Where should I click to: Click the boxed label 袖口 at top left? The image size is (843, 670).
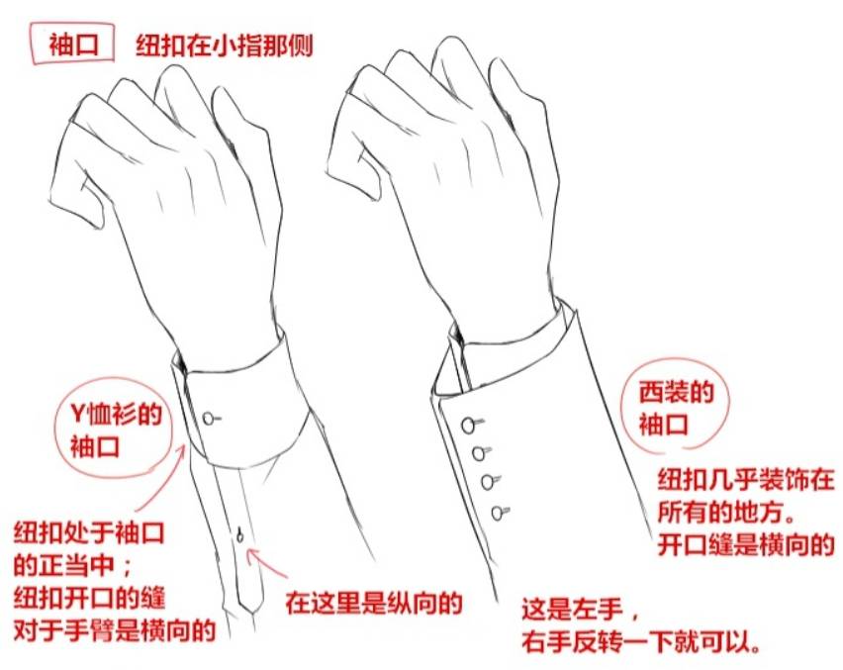click(73, 45)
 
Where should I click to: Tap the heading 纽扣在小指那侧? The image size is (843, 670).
click(225, 46)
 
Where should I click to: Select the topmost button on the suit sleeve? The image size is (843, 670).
click(470, 425)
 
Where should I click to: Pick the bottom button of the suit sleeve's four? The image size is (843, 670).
click(500, 513)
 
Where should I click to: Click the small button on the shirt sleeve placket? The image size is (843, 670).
click(239, 535)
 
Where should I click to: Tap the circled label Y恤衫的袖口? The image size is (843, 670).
click(116, 431)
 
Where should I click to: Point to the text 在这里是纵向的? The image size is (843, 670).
click(374, 603)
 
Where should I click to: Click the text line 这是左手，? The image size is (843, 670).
click(581, 611)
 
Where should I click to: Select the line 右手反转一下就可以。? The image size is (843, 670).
click(641, 641)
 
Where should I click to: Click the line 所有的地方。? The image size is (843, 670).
click(727, 513)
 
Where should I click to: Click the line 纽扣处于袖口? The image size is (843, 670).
click(89, 532)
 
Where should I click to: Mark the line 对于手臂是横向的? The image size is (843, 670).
click(115, 630)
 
